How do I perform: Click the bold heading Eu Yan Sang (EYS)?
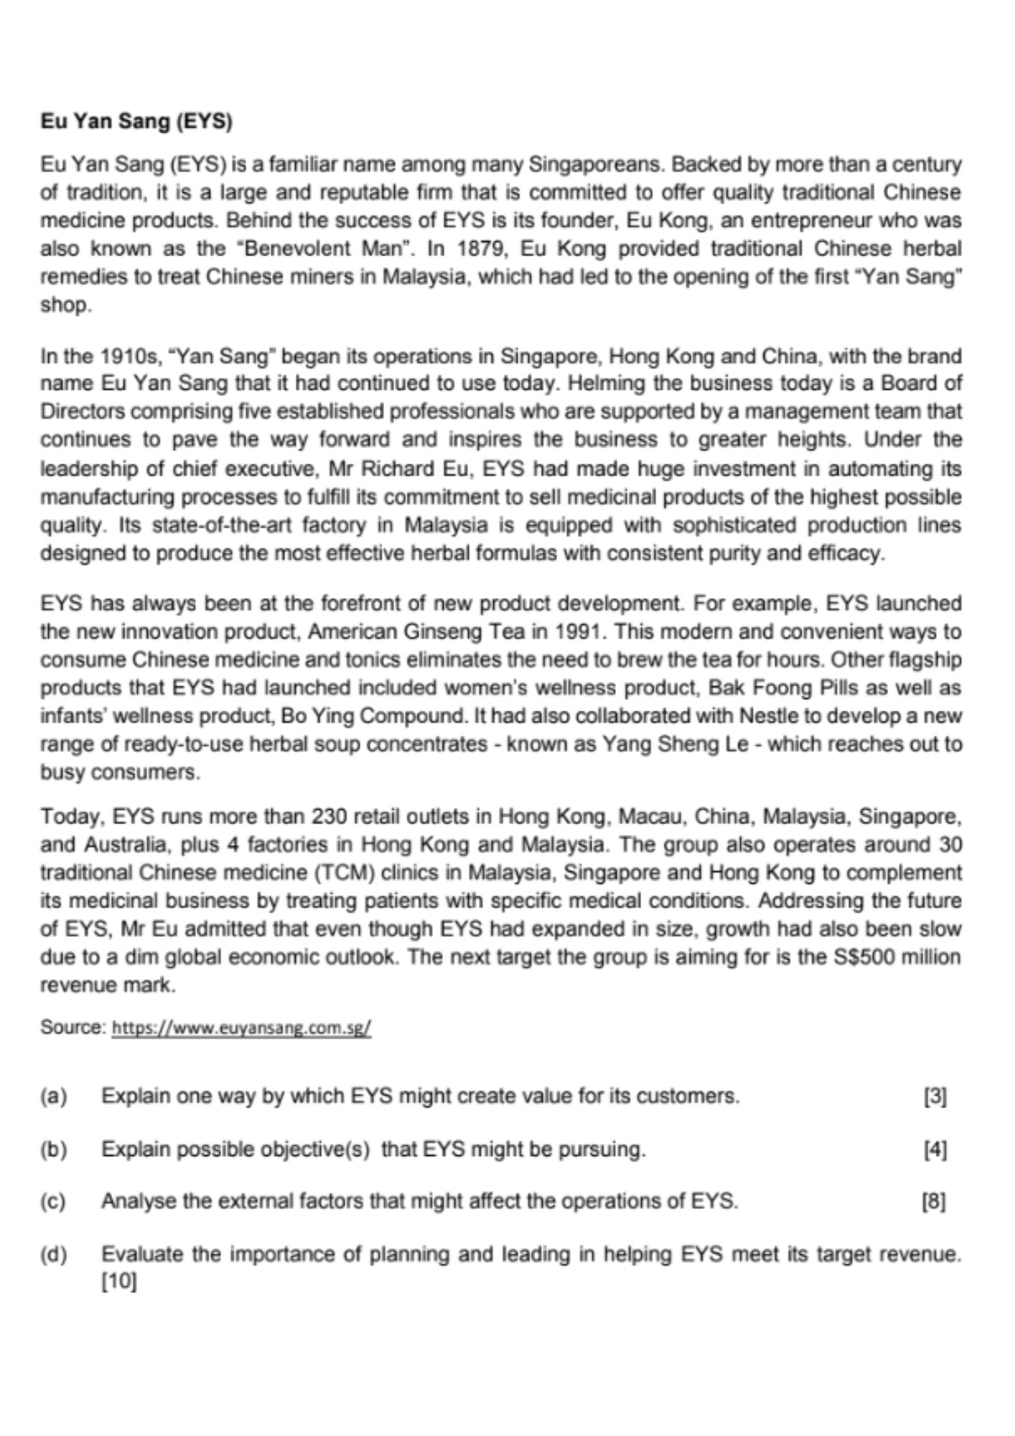coord(136,121)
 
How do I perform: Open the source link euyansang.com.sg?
coord(241,1028)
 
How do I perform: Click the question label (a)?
coord(54,1096)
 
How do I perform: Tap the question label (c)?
coord(54,1201)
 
